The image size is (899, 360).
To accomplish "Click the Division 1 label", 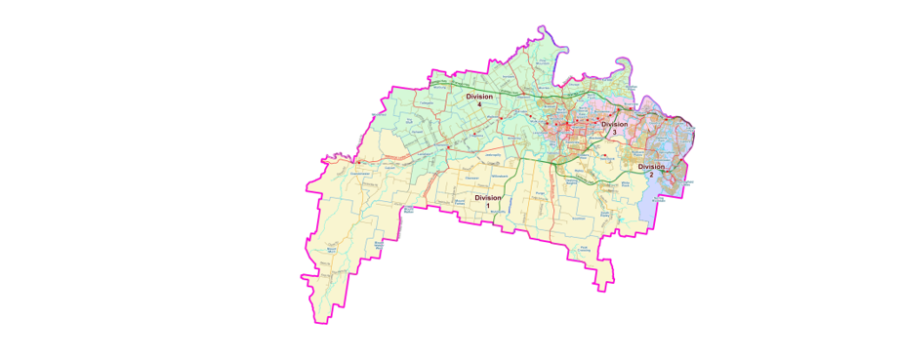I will point(488,201).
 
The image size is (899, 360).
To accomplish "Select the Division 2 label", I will point(651,171).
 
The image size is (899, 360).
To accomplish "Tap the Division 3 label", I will point(614,128).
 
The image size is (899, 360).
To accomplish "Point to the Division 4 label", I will point(479,100).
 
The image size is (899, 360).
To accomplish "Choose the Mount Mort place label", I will point(331,251).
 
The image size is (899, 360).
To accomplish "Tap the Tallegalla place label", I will point(425,102).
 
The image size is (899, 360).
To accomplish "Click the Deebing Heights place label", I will point(573,180).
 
